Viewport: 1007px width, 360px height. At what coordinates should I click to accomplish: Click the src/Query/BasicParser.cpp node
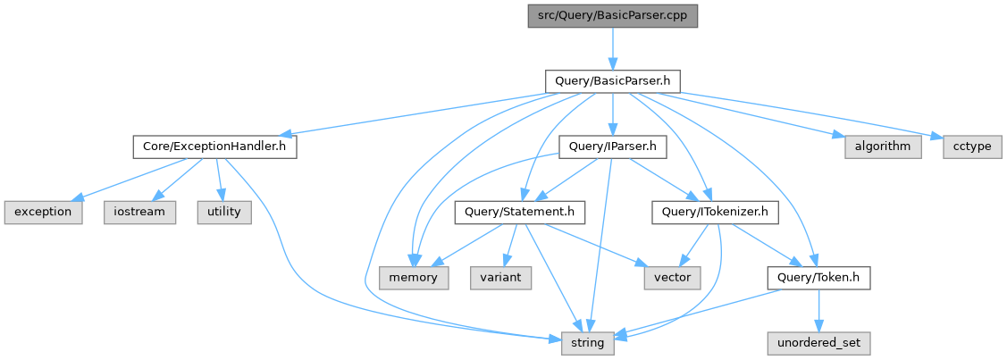click(x=612, y=16)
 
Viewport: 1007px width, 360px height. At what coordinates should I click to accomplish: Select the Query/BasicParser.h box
click(x=612, y=81)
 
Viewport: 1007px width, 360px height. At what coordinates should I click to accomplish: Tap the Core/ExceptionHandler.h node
click(x=214, y=147)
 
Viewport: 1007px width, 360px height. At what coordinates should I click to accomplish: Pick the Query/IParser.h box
click(x=612, y=147)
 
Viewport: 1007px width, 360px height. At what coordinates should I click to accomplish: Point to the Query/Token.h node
click(x=818, y=277)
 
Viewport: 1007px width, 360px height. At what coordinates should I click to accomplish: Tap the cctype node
click(x=972, y=147)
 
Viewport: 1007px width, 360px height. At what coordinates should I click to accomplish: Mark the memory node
click(x=413, y=277)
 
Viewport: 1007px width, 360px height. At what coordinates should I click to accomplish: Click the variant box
click(x=501, y=277)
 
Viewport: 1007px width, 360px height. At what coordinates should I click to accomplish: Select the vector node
click(x=672, y=277)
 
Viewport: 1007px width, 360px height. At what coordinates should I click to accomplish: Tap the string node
click(x=587, y=342)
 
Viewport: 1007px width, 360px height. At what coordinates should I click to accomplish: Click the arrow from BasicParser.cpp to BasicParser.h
click(x=612, y=48)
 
